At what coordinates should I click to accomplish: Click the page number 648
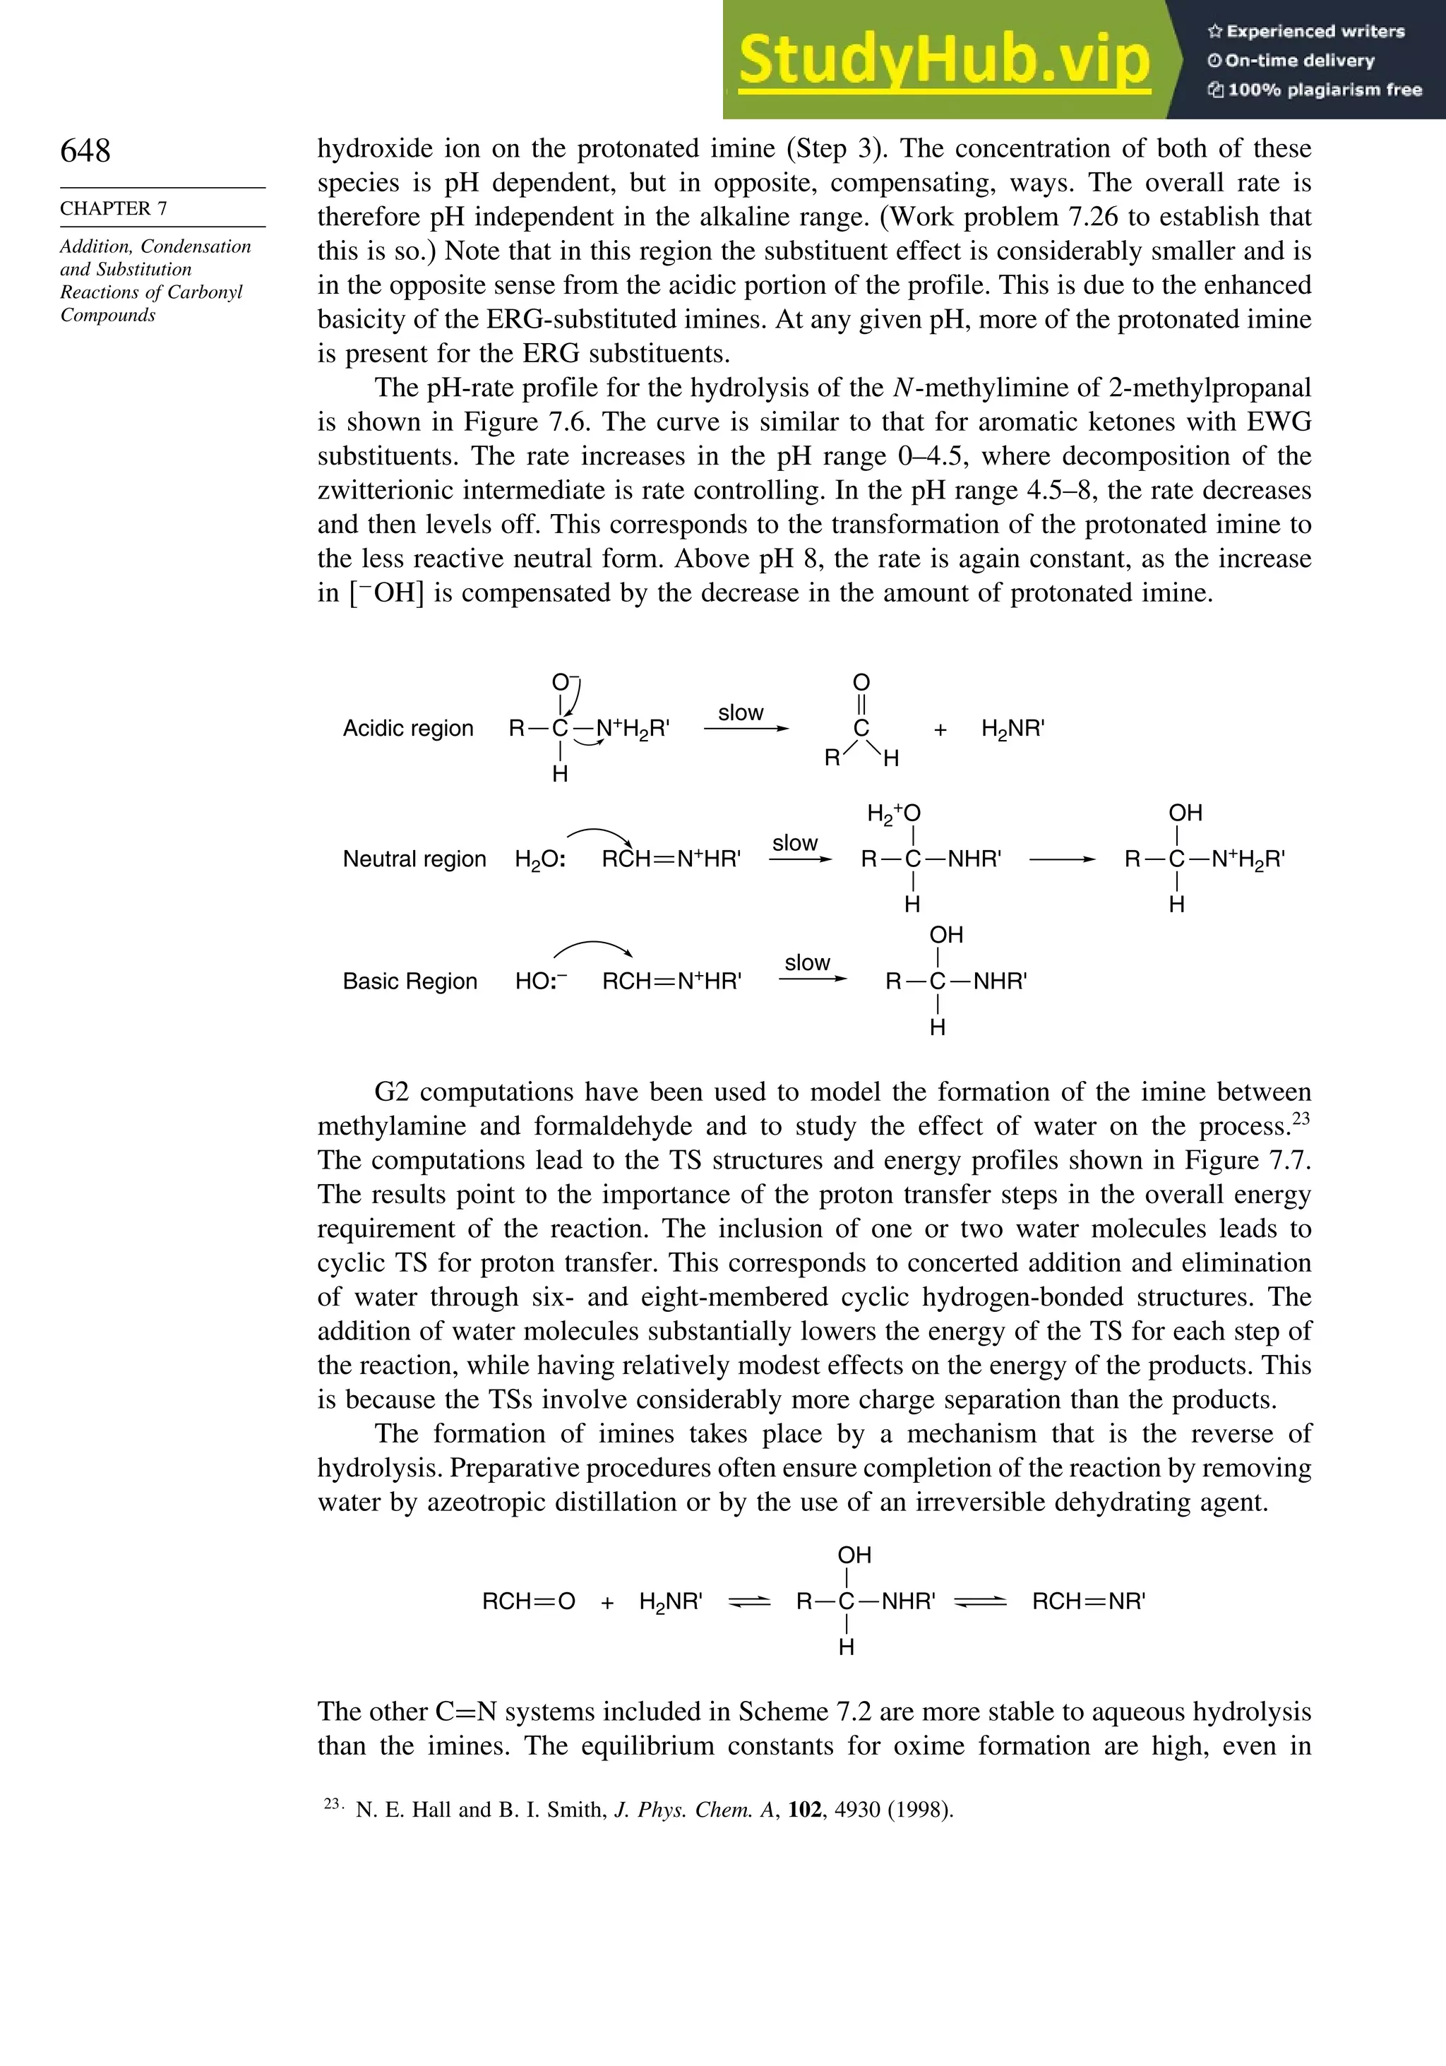tap(85, 151)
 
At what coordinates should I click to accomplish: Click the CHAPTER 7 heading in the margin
tap(114, 208)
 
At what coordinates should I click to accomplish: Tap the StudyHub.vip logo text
tap(944, 60)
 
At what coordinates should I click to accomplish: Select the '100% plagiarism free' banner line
tap(1315, 90)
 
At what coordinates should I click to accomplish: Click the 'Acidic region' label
tap(407, 728)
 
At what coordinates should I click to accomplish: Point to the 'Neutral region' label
tap(414, 859)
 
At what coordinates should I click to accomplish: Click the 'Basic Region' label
tap(410, 981)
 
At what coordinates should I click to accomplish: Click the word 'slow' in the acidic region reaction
tap(741, 712)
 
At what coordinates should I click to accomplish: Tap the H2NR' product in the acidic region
tap(1012, 729)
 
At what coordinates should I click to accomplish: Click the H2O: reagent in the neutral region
tap(540, 859)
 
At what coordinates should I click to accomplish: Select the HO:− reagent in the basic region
tap(542, 981)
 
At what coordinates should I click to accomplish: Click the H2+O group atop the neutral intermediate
tap(894, 813)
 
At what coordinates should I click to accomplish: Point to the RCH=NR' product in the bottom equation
tap(1088, 1601)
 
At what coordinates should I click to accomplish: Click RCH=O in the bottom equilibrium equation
tap(528, 1601)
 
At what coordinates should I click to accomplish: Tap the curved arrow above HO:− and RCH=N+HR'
tap(592, 948)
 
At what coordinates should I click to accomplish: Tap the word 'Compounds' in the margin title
tap(108, 315)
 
